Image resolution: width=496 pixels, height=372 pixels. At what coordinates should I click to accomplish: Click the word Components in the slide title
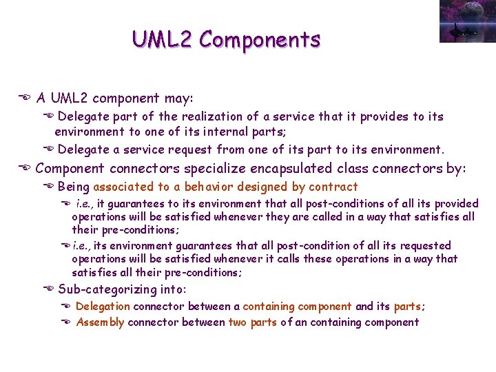[x=260, y=39]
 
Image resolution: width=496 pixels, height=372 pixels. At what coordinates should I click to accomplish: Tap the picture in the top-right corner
[x=466, y=21]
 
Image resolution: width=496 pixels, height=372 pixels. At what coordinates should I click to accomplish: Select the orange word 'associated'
[x=124, y=187]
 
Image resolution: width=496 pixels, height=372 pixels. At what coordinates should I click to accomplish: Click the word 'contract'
[x=333, y=187]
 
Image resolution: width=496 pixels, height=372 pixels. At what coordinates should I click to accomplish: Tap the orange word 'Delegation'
[x=102, y=307]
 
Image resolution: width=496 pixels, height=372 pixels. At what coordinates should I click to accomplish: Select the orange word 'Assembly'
[x=100, y=322]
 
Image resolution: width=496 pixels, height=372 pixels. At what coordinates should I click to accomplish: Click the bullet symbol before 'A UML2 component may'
[x=24, y=99]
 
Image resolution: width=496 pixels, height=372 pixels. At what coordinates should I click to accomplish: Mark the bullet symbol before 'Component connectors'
[x=24, y=169]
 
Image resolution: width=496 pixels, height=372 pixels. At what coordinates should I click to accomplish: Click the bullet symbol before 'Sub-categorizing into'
[x=49, y=289]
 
